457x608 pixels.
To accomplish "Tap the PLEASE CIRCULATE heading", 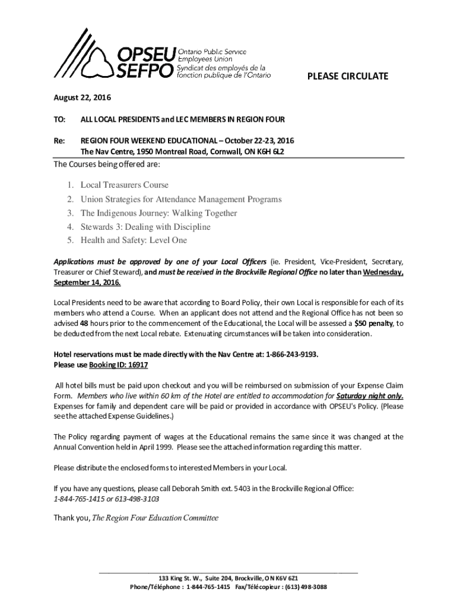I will (x=347, y=76).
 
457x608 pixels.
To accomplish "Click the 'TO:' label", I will (x=59, y=119).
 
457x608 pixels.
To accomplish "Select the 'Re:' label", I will (x=59, y=141).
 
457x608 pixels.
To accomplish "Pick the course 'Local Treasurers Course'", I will (x=125, y=185).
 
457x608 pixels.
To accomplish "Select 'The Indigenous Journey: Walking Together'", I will (x=158, y=213).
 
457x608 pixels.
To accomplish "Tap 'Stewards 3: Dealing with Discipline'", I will (x=145, y=227).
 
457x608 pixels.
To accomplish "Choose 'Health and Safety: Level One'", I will (x=134, y=240).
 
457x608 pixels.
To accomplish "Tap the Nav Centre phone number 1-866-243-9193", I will (x=289, y=355).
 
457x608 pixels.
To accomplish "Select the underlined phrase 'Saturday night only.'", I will (x=370, y=396).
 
